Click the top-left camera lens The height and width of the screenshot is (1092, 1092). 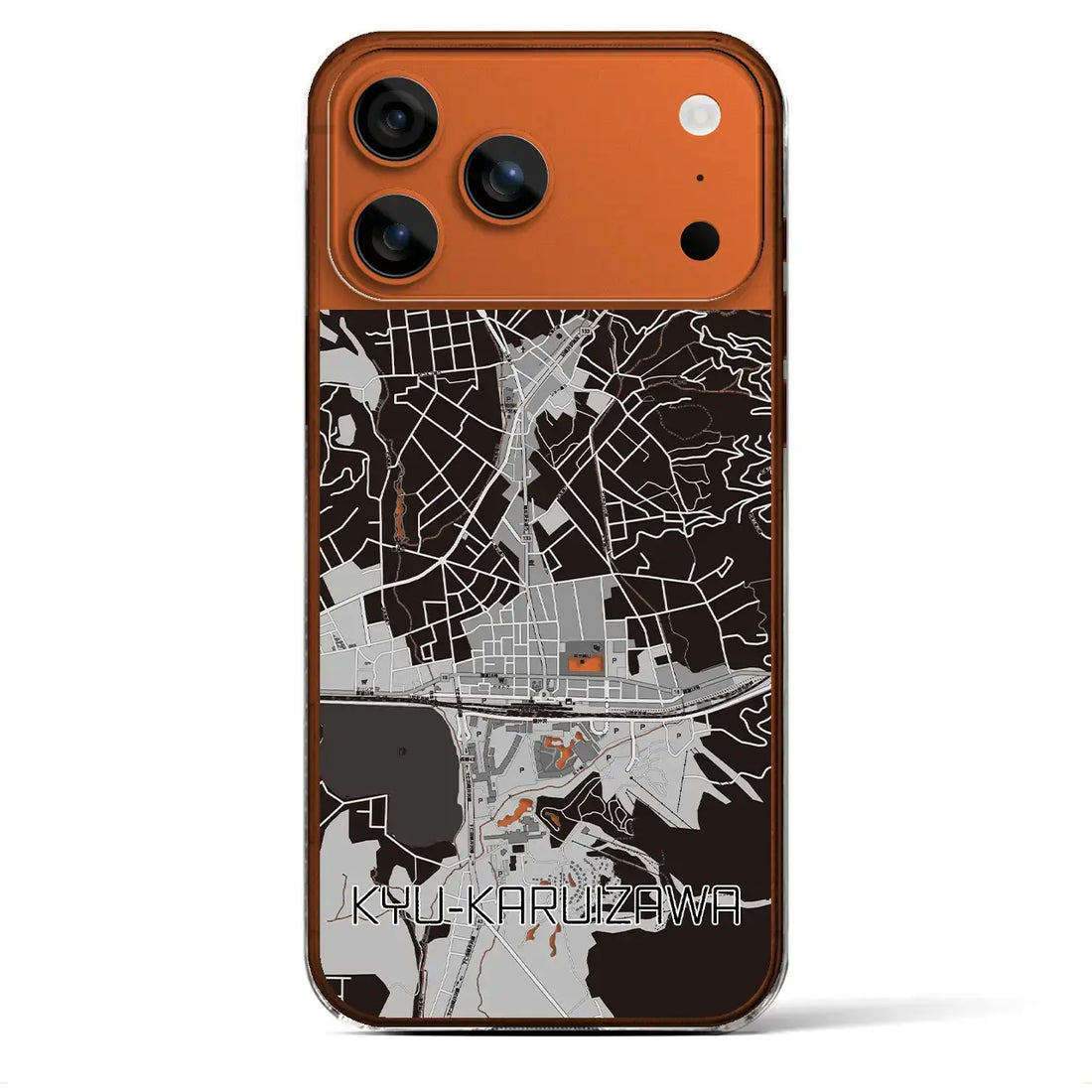click(x=396, y=118)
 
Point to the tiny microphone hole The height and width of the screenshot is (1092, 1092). click(x=700, y=178)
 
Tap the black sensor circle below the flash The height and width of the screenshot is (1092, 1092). click(x=699, y=238)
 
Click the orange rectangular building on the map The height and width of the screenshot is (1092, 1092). click(x=582, y=659)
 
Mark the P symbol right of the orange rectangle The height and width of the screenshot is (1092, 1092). click(x=617, y=657)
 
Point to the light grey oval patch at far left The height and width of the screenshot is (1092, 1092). click(x=345, y=431)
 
